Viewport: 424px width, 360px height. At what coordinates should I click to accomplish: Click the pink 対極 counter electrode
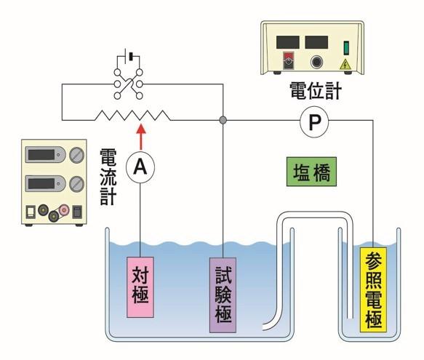(x=140, y=287)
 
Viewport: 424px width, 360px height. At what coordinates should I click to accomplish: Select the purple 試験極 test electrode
(x=223, y=295)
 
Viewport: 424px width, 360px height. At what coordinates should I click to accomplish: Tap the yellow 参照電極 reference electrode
(x=373, y=289)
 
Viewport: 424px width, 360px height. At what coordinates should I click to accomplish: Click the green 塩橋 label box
(x=311, y=172)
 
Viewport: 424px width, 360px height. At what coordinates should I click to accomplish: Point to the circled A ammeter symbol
(x=140, y=167)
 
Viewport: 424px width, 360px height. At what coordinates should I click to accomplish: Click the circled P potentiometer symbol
(x=314, y=122)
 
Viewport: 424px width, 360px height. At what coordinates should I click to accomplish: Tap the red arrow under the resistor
(x=141, y=137)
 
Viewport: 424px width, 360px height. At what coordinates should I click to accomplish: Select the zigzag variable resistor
(x=132, y=116)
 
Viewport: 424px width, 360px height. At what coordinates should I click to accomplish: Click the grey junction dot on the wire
(x=223, y=120)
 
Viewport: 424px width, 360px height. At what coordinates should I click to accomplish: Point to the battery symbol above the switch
(x=129, y=56)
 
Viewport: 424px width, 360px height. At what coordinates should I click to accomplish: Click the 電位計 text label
(x=316, y=91)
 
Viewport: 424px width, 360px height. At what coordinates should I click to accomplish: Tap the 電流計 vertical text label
(x=108, y=177)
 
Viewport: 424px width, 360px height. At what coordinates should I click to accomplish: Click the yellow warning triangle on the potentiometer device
(x=345, y=65)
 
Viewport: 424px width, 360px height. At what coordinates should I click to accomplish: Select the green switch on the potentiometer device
(x=346, y=48)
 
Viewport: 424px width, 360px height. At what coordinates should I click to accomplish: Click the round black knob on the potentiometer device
(x=316, y=63)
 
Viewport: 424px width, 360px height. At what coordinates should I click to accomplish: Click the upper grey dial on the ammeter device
(x=77, y=155)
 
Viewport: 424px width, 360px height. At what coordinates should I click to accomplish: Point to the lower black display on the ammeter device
(x=41, y=184)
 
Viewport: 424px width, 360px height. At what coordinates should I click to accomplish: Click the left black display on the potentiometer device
(x=288, y=42)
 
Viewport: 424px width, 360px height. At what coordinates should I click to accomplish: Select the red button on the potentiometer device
(x=288, y=60)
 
